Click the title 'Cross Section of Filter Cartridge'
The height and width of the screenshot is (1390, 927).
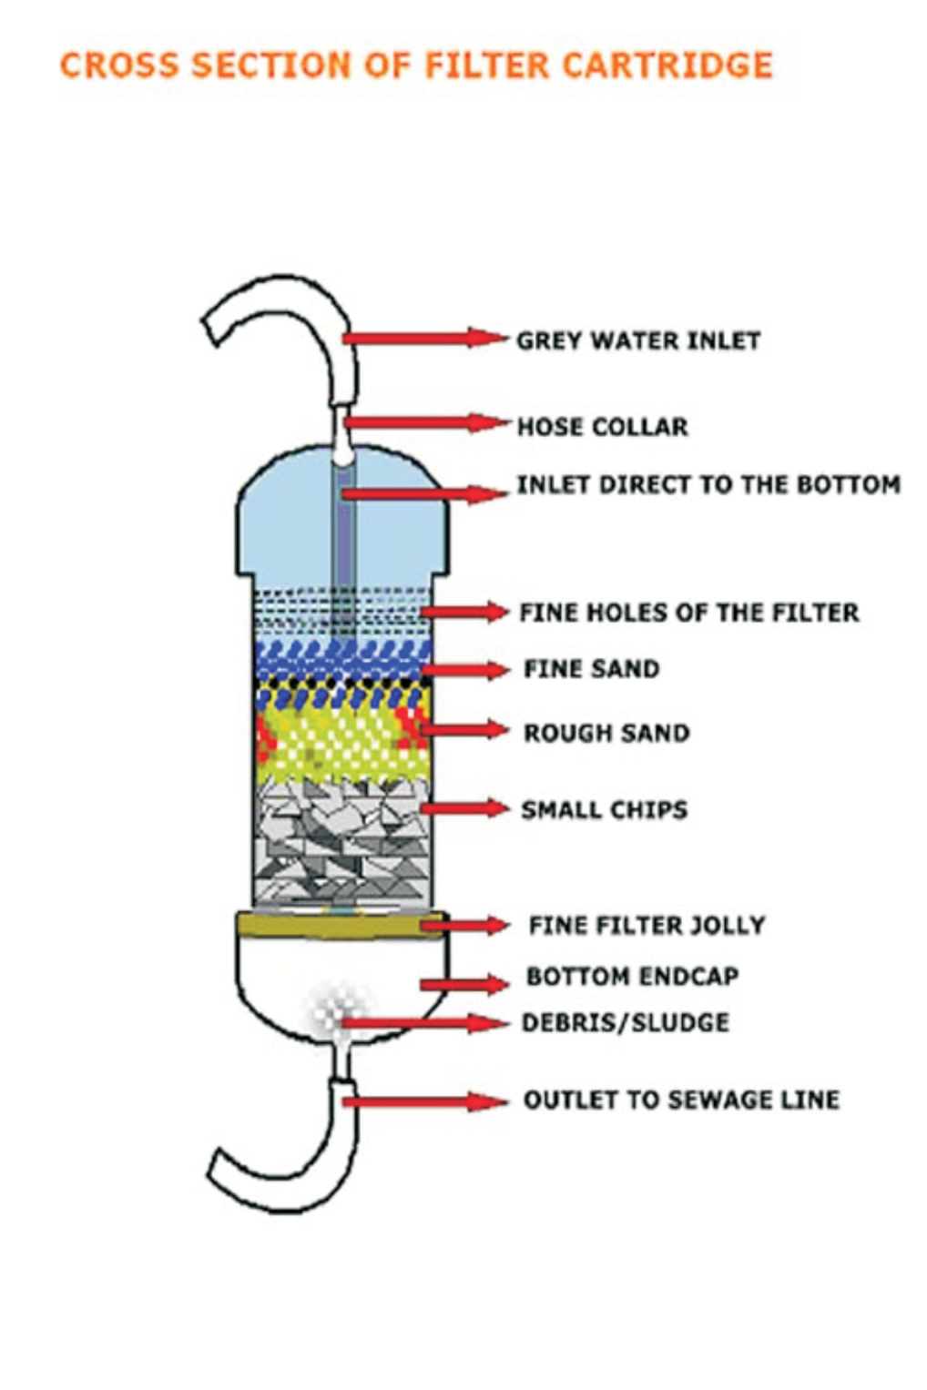click(416, 66)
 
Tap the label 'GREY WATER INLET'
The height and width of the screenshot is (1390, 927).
click(637, 340)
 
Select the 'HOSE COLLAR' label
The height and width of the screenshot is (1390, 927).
click(602, 426)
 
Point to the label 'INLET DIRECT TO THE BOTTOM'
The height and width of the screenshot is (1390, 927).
click(708, 484)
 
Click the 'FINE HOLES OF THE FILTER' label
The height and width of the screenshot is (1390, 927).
click(688, 613)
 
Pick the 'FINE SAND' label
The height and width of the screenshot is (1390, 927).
click(591, 669)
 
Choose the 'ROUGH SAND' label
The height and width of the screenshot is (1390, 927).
click(606, 733)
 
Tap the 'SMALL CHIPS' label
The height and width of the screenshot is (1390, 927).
click(604, 809)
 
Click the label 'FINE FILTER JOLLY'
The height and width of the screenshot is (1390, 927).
click(647, 925)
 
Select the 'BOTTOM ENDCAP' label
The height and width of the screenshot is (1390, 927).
click(632, 976)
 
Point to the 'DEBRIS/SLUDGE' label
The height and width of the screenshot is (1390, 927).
click(625, 1022)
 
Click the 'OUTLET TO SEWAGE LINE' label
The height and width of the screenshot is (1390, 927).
click(681, 1100)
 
